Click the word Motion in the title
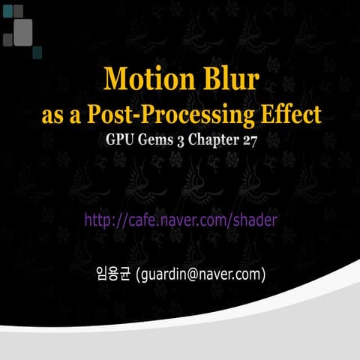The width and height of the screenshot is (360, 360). (x=143, y=79)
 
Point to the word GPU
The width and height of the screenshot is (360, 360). (x=121, y=141)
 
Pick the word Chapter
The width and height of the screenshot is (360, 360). (x=216, y=141)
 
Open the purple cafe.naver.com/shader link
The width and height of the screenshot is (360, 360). (x=181, y=219)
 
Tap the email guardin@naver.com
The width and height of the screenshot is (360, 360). (x=201, y=274)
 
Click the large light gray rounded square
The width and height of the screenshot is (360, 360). (x=23, y=31)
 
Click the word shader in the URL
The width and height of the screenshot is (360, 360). (x=255, y=219)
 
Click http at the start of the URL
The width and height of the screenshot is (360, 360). (x=97, y=219)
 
